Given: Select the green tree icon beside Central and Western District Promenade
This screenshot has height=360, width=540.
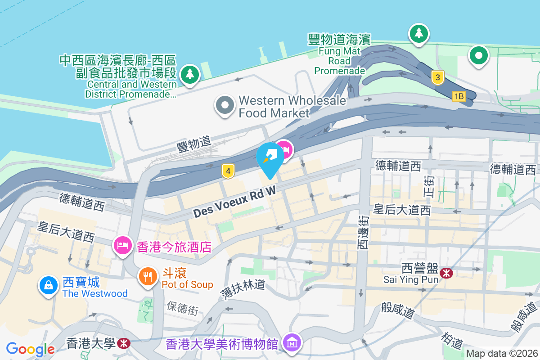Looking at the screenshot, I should (190, 74).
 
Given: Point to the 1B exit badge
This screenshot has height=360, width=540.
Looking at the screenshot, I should (459, 96).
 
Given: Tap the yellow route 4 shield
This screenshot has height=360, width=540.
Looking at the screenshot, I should (229, 171).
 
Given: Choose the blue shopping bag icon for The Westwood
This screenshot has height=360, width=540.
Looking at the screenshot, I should (48, 285).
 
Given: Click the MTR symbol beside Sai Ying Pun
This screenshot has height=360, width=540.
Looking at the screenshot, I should (447, 272).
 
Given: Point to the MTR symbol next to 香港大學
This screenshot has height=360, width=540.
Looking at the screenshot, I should (122, 344).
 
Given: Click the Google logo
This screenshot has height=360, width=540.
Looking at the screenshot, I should (30, 349).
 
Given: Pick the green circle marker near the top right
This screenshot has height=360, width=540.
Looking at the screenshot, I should (478, 56).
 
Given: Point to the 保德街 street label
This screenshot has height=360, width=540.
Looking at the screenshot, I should (182, 310).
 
